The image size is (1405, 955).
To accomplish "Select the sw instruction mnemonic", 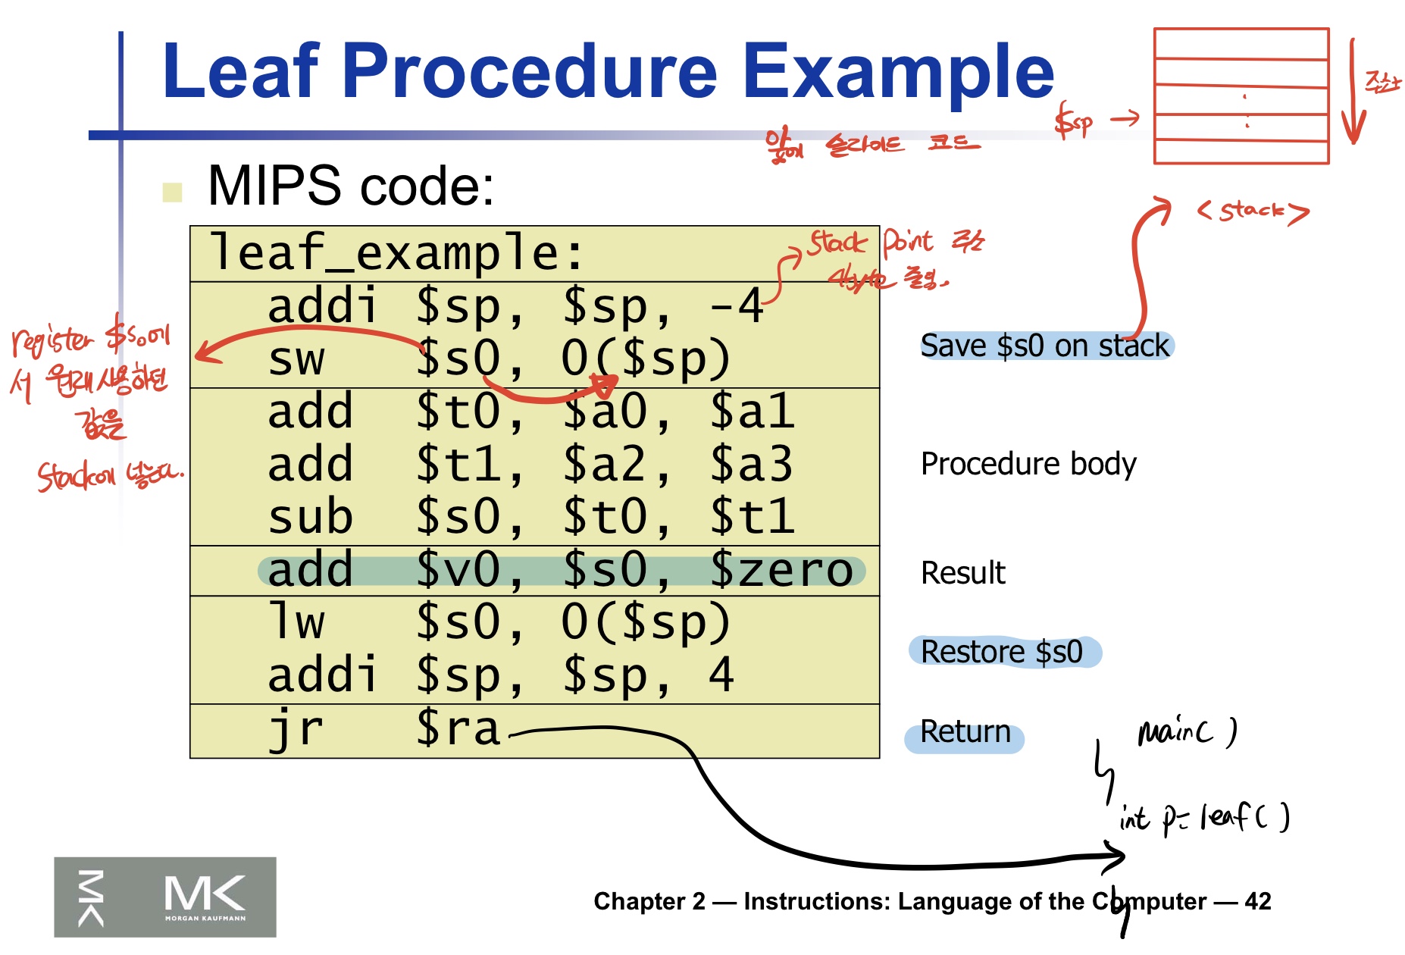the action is tap(296, 359).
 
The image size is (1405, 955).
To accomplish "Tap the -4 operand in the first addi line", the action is tap(737, 306).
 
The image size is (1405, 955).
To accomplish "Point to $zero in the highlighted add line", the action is tap(781, 570).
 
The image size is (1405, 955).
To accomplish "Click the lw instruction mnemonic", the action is tap(296, 622).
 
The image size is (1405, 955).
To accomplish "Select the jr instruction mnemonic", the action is tap(296, 729).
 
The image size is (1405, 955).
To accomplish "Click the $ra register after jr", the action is tap(458, 729).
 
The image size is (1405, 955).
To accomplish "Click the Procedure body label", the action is tap(1028, 464).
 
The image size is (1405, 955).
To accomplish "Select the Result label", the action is tap(962, 573).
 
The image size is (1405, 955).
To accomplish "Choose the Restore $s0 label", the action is tap(1002, 652).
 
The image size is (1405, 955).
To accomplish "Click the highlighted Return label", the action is tap(965, 732).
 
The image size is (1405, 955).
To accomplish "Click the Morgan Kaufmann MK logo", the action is tap(165, 897).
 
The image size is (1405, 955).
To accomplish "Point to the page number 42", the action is tap(1257, 901).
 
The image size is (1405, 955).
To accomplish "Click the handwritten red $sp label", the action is tap(1073, 121).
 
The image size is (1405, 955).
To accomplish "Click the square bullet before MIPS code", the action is tap(173, 192).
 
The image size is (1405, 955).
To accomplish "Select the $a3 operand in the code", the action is tap(750, 464).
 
